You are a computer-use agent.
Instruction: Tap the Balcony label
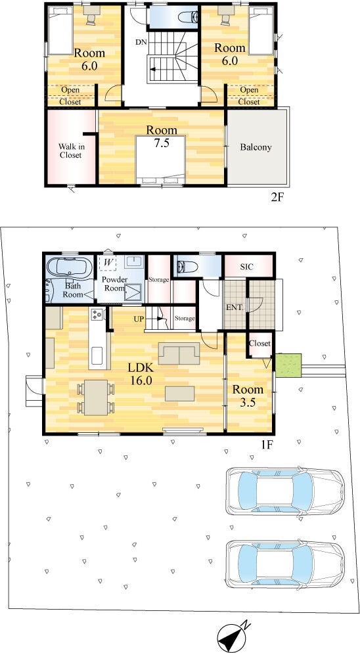(x=256, y=147)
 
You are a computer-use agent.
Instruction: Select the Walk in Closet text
(x=70, y=150)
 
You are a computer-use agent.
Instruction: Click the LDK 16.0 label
(x=141, y=374)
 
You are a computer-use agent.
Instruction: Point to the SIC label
(x=246, y=266)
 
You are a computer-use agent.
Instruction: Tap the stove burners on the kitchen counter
(x=97, y=315)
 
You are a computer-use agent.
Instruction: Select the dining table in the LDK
(x=96, y=397)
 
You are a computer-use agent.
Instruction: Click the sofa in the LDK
(x=179, y=353)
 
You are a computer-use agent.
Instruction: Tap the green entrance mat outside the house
(x=288, y=365)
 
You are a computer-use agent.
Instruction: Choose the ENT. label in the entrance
(x=233, y=308)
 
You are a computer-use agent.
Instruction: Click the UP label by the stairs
(x=139, y=319)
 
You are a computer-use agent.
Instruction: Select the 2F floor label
(x=277, y=197)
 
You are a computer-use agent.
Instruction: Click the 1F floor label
(x=267, y=444)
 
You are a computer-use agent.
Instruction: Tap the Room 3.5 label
(x=248, y=395)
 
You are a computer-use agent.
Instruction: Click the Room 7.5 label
(x=161, y=137)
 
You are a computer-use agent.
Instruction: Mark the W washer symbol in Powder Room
(x=108, y=263)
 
